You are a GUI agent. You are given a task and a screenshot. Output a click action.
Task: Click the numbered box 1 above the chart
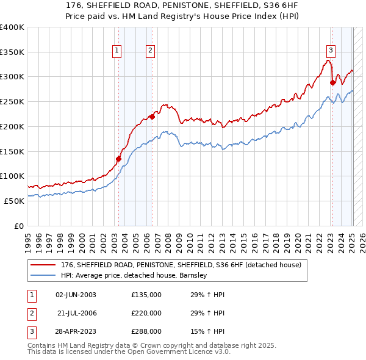click(116, 51)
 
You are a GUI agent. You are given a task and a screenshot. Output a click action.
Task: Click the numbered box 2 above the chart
click(150, 51)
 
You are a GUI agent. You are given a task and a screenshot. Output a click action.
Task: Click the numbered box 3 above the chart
click(330, 51)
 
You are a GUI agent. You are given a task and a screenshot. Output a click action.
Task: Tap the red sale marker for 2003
click(119, 159)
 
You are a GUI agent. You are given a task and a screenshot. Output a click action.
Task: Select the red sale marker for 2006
click(152, 117)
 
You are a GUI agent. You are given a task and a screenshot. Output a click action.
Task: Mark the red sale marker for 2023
click(332, 83)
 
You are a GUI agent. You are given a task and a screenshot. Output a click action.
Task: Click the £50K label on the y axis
click(15, 201)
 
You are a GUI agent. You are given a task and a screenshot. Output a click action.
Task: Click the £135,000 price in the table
click(146, 295)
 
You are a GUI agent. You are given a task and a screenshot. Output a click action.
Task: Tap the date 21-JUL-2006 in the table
click(76, 313)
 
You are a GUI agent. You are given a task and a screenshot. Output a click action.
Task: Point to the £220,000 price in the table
click(146, 313)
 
